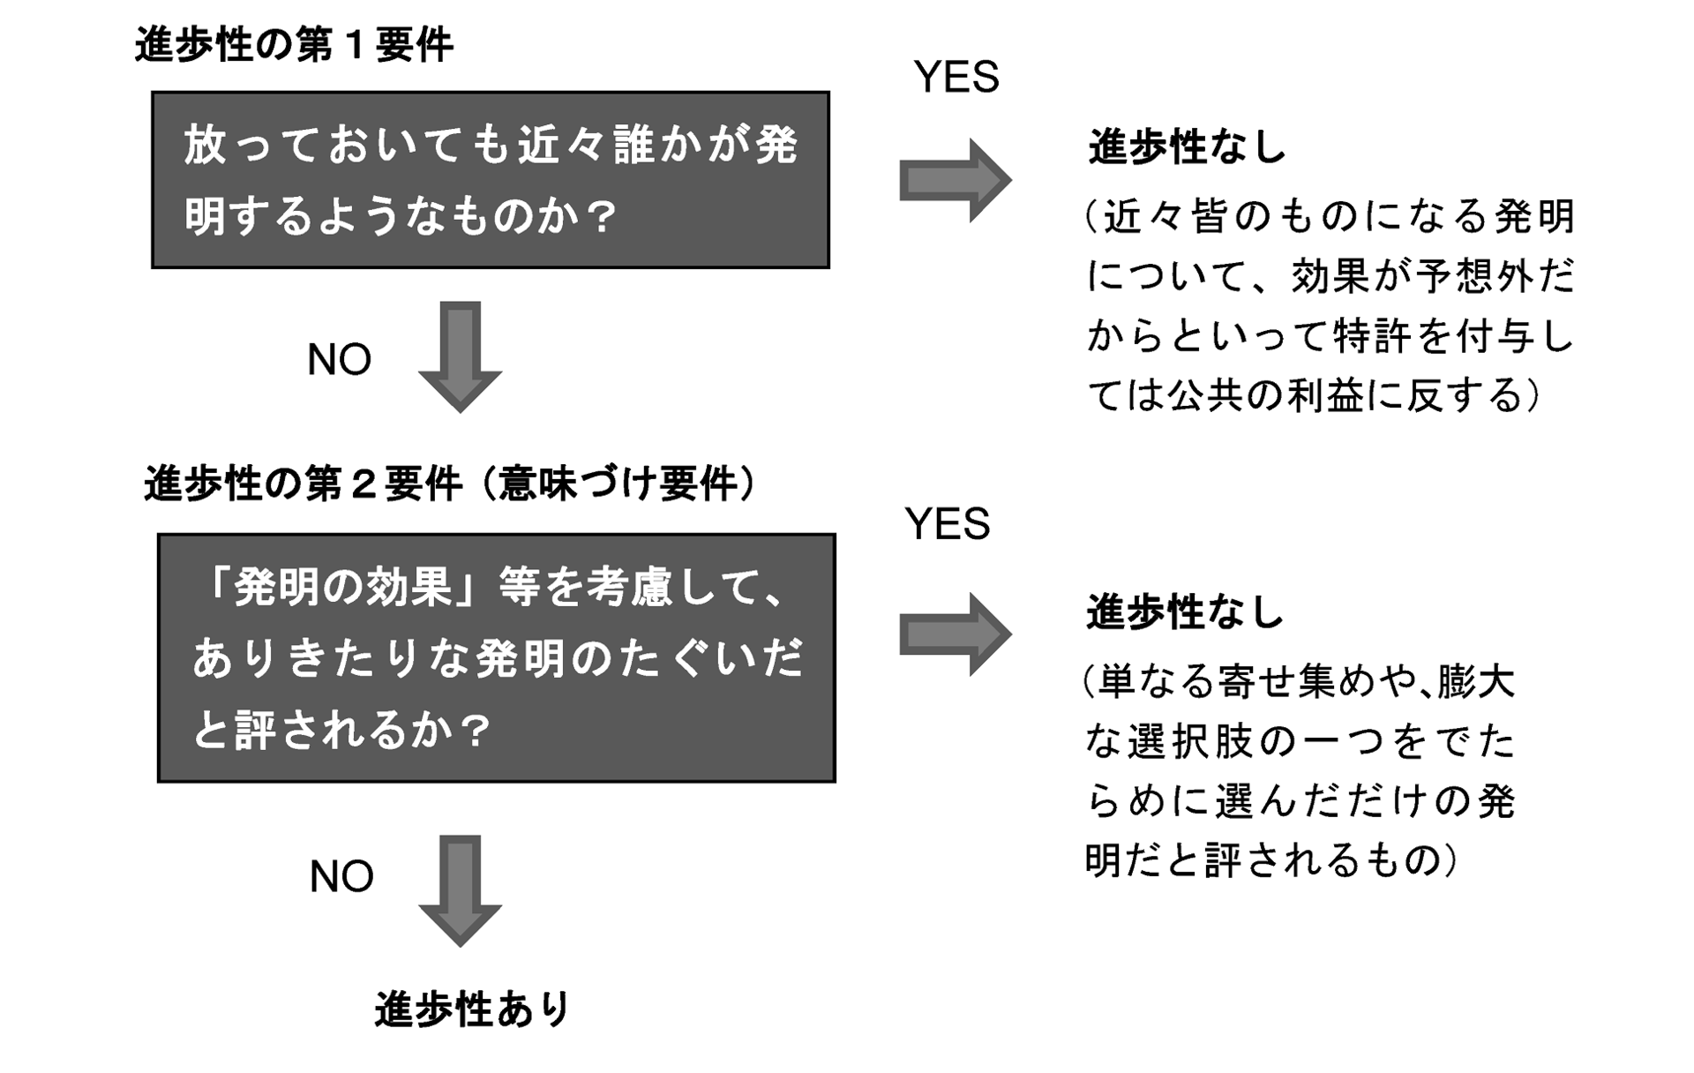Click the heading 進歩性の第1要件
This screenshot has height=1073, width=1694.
coord(294,45)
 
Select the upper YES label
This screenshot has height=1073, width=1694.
coord(956,78)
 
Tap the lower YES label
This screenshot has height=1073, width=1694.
coord(948,525)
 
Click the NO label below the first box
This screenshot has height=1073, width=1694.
coord(339,360)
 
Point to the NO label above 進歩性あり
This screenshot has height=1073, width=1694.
coord(341,877)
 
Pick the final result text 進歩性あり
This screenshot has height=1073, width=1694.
coord(473,1009)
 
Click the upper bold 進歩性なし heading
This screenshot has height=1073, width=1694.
coord(1187,147)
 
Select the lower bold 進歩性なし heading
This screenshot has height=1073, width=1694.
coord(1185,612)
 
